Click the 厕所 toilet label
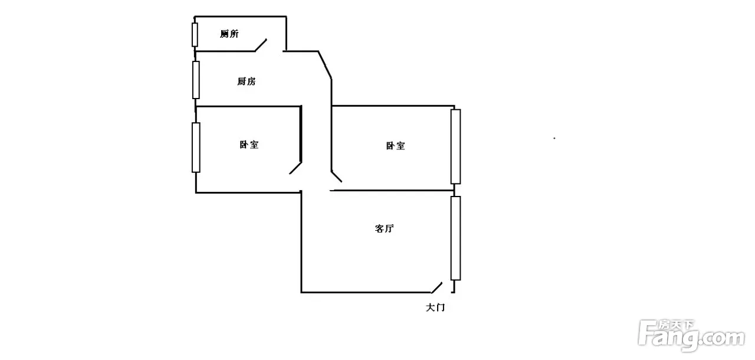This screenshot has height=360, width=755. (229, 34)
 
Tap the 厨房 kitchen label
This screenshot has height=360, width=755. (247, 82)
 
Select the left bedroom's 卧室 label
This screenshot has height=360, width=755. (249, 145)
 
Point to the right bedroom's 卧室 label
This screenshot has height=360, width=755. (395, 146)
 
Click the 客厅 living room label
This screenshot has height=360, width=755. (384, 228)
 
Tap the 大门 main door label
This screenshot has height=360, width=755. (435, 307)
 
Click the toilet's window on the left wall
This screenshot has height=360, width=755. (195, 34)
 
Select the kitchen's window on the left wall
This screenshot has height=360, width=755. (196, 79)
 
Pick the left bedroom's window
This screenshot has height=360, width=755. (196, 147)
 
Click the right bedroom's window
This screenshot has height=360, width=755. (455, 146)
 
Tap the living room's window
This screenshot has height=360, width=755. (455, 238)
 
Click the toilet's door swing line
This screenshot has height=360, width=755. (261, 45)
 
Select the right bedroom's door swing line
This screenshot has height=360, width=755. (336, 176)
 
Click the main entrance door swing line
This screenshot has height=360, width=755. (436, 287)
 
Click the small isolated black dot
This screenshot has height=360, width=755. (554, 138)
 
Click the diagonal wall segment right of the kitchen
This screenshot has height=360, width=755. (325, 64)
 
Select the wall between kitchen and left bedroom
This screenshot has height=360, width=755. (248, 106)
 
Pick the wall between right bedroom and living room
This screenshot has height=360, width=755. (392, 190)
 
